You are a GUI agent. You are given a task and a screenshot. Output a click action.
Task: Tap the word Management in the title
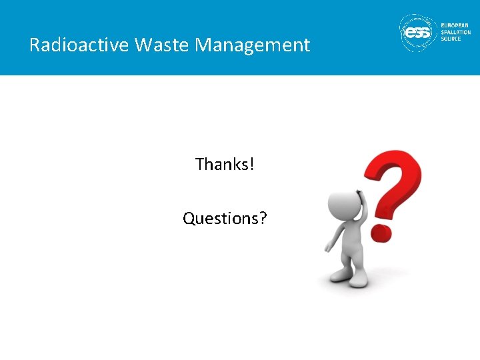253,45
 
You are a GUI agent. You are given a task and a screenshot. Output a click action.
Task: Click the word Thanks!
225,164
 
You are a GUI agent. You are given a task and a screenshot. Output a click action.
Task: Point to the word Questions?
225,219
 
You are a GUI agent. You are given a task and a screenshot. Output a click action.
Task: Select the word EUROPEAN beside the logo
455,25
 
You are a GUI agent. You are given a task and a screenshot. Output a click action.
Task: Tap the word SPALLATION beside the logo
456,32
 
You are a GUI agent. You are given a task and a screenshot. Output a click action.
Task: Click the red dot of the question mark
381,231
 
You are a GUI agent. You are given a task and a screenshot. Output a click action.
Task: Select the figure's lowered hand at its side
328,248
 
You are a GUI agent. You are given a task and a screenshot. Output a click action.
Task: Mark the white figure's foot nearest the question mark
359,281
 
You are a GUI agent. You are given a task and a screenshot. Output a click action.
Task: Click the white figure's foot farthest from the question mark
339,275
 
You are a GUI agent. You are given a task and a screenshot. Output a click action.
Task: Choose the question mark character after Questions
263,219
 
